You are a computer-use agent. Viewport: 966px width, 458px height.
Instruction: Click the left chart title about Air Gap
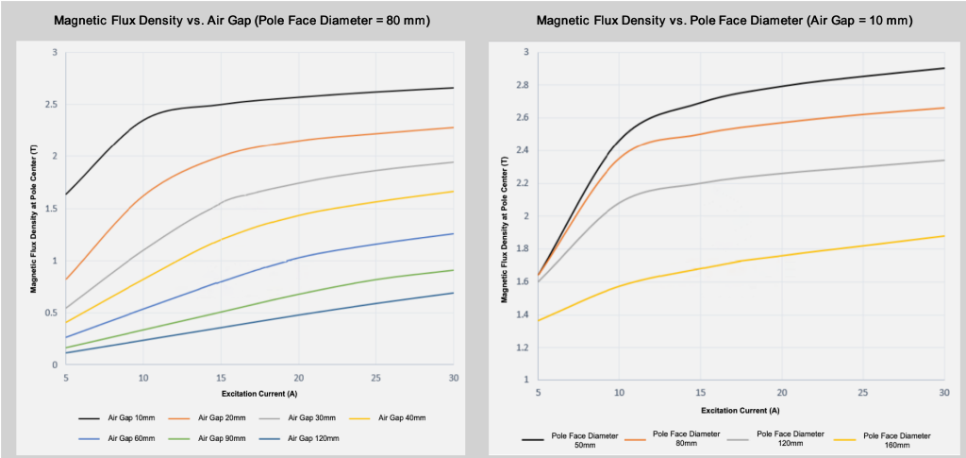[x=241, y=20]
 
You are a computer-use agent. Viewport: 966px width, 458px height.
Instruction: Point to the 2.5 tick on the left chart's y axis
[x=54, y=104]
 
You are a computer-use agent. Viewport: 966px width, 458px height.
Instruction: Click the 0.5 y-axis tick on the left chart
[x=54, y=313]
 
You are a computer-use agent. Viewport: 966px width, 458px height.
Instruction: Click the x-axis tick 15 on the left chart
[x=221, y=377]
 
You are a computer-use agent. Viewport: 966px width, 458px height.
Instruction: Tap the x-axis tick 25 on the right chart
[x=863, y=391]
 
